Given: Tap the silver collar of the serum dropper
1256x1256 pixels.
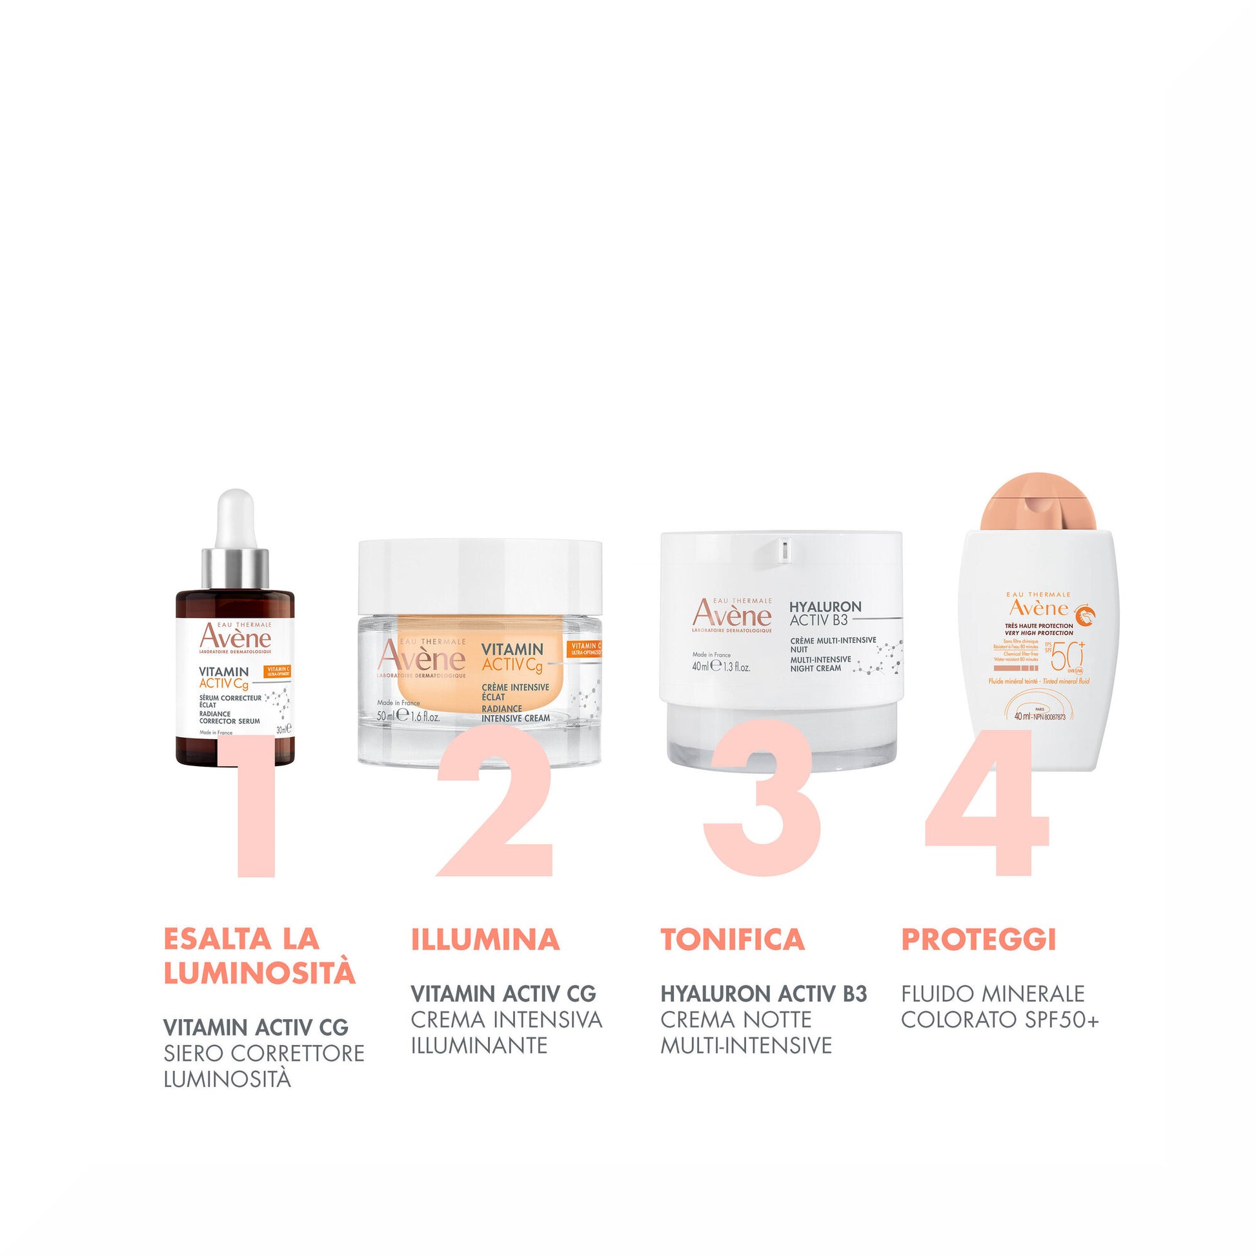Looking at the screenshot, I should (235, 568).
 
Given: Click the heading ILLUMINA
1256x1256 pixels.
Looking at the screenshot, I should (485, 939).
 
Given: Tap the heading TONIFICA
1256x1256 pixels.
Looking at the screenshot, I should (733, 939).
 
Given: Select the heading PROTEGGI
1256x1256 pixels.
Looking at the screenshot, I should (978, 939).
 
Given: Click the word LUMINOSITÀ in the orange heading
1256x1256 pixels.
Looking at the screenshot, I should (259, 973).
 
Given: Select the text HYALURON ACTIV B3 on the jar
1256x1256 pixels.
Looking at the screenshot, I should (824, 613).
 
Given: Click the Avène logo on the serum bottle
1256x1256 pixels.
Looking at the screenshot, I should (235, 637).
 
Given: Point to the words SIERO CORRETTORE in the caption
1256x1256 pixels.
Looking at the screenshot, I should (263, 1053).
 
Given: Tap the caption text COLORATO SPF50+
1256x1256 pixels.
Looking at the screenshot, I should (999, 1019).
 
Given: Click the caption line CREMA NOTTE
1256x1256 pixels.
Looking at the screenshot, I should (736, 1019).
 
